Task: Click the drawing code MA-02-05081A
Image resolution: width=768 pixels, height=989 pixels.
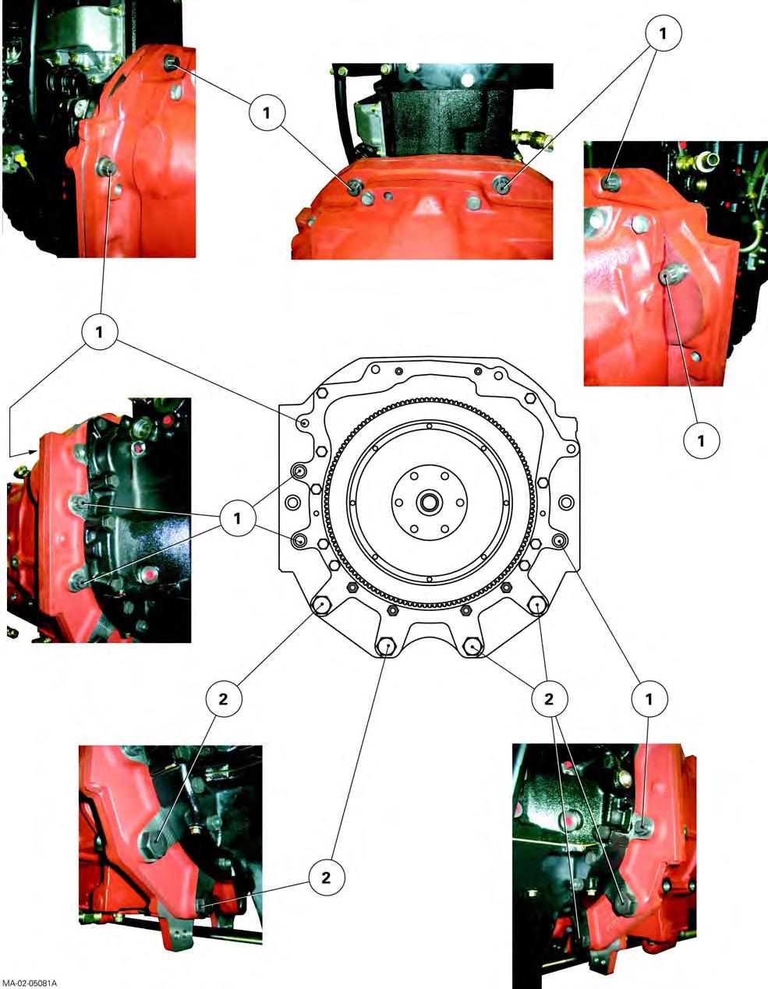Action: click(x=29, y=983)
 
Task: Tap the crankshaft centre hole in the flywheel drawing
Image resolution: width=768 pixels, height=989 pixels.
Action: click(x=428, y=503)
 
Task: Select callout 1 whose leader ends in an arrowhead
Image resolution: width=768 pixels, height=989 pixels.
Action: click(x=99, y=332)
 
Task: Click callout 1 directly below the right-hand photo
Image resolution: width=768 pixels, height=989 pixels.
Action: click(x=701, y=440)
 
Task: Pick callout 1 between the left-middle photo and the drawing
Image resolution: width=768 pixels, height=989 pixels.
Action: click(x=237, y=518)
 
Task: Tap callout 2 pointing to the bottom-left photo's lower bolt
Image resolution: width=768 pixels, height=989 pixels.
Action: click(x=326, y=878)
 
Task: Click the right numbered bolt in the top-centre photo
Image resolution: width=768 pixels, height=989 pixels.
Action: click(x=501, y=185)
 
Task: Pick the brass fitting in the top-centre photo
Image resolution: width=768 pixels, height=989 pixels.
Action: click(x=532, y=137)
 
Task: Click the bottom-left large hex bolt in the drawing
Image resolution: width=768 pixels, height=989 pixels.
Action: click(x=322, y=606)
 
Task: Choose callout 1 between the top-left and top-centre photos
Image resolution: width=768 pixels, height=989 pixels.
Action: click(x=267, y=112)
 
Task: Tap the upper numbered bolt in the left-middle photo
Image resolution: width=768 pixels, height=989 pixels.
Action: click(x=78, y=503)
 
